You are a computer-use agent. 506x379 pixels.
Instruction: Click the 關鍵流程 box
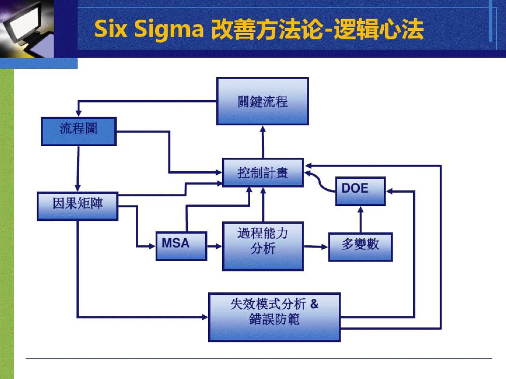click(x=262, y=101)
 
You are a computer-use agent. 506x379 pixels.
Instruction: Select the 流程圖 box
click(x=79, y=131)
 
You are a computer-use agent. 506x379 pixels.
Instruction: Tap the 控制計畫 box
click(x=262, y=173)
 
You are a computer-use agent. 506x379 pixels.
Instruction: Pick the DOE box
click(x=360, y=191)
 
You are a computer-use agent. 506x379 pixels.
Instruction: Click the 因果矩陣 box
click(x=77, y=205)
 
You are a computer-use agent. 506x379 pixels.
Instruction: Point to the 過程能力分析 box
click(x=262, y=246)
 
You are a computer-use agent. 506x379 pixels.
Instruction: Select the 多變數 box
click(x=360, y=247)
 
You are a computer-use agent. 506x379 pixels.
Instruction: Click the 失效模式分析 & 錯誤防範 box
click(x=274, y=317)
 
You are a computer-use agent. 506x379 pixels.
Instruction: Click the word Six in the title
click(x=112, y=30)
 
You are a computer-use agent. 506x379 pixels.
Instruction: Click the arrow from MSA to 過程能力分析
click(x=214, y=246)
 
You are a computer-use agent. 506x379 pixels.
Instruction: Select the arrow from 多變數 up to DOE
click(x=360, y=219)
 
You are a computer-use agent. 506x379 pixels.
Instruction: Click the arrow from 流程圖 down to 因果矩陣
click(x=78, y=168)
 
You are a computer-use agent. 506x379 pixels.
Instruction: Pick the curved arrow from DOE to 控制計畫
click(x=320, y=182)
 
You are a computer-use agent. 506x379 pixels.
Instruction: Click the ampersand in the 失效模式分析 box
click(x=313, y=304)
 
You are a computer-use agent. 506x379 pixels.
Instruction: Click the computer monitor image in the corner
click(x=26, y=28)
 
